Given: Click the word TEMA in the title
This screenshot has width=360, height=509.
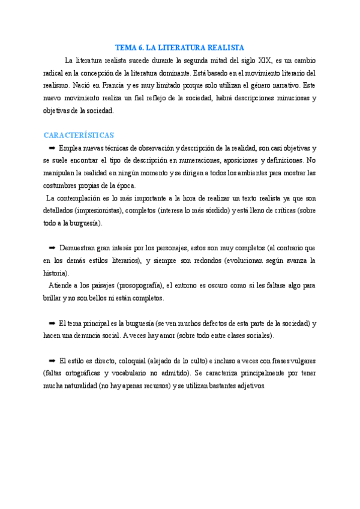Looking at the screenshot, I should tap(125, 47).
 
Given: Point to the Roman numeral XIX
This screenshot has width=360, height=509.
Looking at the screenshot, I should tap(264, 60).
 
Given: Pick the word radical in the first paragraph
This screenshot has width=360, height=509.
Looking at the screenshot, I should tap(56, 73).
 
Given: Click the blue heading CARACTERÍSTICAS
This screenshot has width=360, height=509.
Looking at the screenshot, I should tap(79, 135).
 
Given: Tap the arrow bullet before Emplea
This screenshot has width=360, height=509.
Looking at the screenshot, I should tap(52, 148).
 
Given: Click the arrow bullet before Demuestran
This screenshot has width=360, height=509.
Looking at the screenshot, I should tap(52, 247).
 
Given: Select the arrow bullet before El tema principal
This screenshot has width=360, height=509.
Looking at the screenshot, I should tap(52, 323).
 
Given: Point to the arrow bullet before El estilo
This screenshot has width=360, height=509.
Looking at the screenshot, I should tap(52, 360).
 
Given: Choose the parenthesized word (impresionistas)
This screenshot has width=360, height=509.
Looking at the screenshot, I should tap(102, 210).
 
